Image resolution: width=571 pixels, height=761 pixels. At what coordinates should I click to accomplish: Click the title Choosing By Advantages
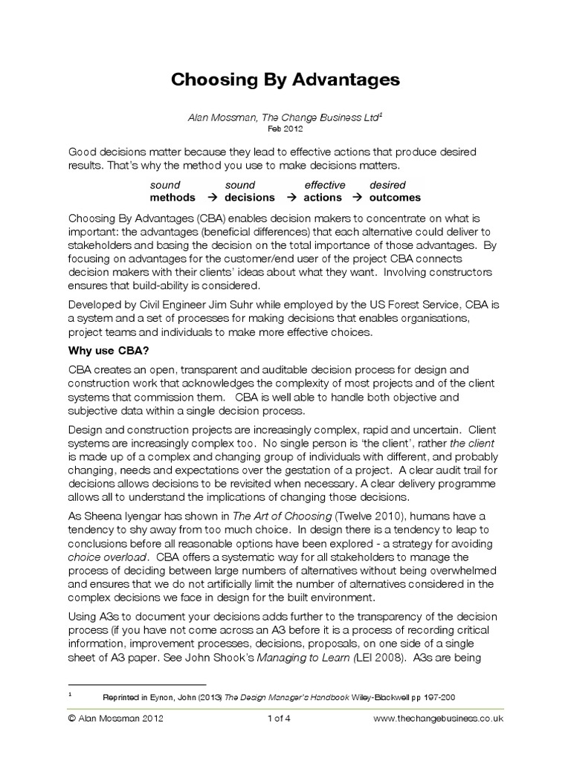285,79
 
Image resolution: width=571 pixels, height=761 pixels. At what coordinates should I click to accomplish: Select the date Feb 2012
285,128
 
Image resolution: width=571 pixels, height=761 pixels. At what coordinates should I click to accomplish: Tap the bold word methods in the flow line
172,198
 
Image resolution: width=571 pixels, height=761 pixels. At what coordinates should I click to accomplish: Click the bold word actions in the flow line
323,198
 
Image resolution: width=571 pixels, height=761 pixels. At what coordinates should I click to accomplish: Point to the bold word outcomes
395,198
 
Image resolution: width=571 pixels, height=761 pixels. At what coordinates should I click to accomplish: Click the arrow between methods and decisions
211,198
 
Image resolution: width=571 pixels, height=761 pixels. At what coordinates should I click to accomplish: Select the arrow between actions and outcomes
357,198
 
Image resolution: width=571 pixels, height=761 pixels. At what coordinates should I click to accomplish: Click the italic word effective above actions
325,185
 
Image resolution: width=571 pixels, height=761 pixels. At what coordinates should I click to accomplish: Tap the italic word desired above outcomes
387,185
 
